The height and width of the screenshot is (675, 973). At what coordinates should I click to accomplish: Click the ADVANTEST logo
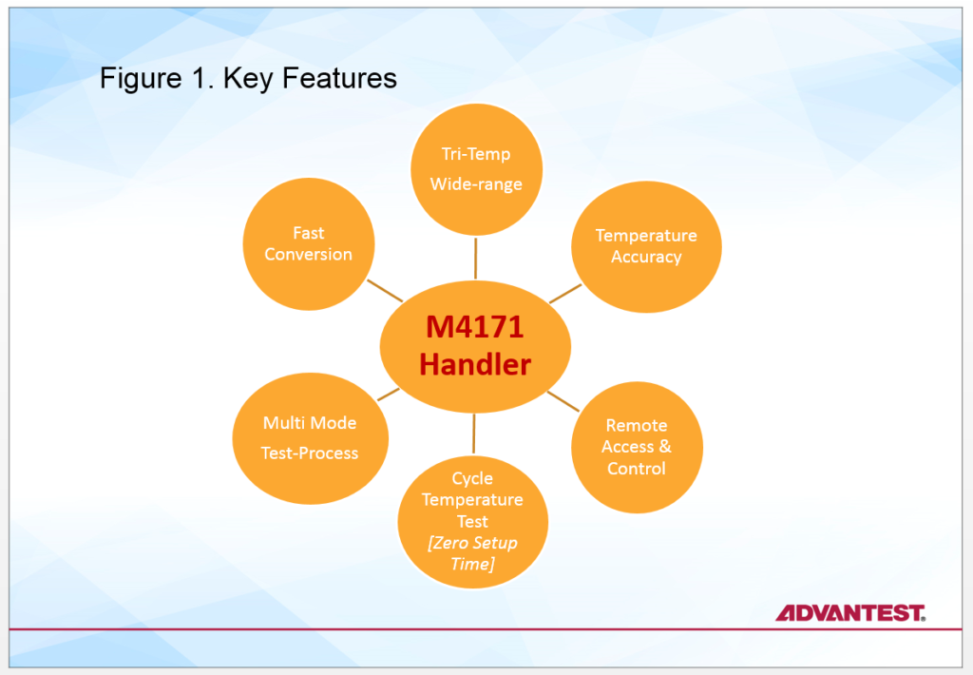[x=850, y=613]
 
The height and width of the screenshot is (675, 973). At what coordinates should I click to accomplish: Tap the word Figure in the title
[x=141, y=79]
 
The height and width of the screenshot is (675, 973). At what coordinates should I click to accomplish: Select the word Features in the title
[x=339, y=78]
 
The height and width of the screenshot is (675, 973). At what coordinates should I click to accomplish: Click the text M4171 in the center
[x=475, y=327]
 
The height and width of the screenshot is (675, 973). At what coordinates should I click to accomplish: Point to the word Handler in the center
[x=475, y=364]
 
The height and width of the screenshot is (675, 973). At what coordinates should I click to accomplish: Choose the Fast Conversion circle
[x=309, y=244]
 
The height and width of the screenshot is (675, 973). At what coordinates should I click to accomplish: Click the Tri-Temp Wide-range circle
[x=477, y=169]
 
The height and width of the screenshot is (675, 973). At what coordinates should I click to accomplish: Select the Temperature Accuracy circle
[x=646, y=246]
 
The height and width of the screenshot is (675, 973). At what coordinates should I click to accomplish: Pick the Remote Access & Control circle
[x=637, y=447]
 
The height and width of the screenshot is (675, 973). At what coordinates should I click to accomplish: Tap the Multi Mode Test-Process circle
[x=311, y=438]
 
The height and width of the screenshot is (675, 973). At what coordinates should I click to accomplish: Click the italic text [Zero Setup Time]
[x=472, y=553]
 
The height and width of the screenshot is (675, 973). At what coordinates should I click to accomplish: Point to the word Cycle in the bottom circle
[x=472, y=478]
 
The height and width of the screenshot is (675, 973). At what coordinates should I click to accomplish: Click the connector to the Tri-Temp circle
[x=476, y=259]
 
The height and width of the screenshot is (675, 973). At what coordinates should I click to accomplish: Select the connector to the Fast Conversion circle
[x=386, y=291]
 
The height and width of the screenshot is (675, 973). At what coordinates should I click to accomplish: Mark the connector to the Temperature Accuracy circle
[x=565, y=294]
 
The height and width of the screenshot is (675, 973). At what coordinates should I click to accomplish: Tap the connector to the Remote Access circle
[x=563, y=401]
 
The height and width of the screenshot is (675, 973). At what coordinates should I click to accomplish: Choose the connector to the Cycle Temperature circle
[x=473, y=434]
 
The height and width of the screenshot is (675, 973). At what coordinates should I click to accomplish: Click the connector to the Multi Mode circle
[x=389, y=395]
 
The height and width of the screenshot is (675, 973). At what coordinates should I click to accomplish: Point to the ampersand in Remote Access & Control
[x=665, y=447]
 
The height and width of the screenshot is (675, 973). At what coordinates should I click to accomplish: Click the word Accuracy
[x=646, y=257]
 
